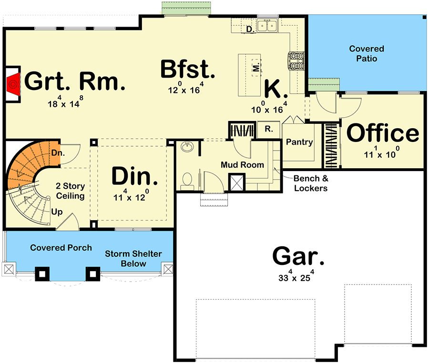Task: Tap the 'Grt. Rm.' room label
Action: [x=75, y=81]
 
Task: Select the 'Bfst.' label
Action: [x=188, y=69]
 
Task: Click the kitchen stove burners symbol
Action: [x=296, y=61]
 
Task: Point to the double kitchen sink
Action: [x=267, y=26]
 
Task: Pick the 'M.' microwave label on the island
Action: [x=256, y=67]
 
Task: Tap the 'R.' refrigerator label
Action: [x=269, y=129]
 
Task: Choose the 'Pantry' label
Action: [x=299, y=142]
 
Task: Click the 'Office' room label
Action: [x=383, y=133]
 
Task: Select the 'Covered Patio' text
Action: [x=367, y=54]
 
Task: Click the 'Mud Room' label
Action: [x=243, y=165]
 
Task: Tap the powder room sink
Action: [x=187, y=147]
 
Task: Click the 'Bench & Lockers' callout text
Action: [x=311, y=183]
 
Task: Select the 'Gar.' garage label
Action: [x=298, y=256]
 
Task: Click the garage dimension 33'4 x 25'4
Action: [x=296, y=276]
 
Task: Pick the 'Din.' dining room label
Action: [x=134, y=176]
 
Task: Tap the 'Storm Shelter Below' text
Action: [x=133, y=259]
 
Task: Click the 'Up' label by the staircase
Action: [x=57, y=212]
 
